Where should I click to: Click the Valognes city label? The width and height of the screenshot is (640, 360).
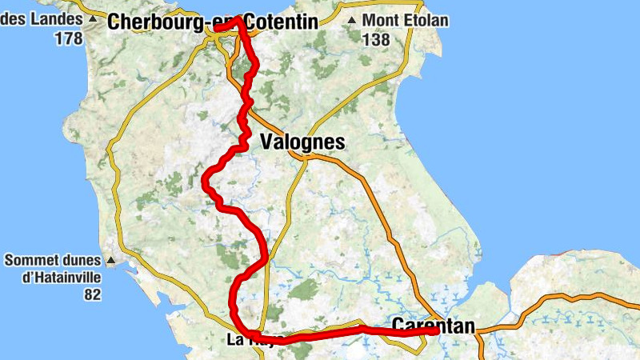(302, 143)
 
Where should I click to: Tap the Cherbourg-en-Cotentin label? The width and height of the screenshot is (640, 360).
(212, 22)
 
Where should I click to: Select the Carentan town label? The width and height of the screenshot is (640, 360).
(434, 326)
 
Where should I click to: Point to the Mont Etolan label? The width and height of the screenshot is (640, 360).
(405, 20)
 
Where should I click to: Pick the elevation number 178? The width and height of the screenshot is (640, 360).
(69, 38)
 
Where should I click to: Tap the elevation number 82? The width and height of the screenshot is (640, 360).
(92, 294)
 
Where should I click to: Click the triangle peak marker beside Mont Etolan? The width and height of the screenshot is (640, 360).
(352, 20)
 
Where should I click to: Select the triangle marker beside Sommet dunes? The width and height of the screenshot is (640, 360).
(111, 260)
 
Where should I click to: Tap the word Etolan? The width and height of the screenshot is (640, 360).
(425, 20)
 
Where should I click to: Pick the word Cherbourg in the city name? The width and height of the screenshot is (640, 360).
(157, 22)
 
